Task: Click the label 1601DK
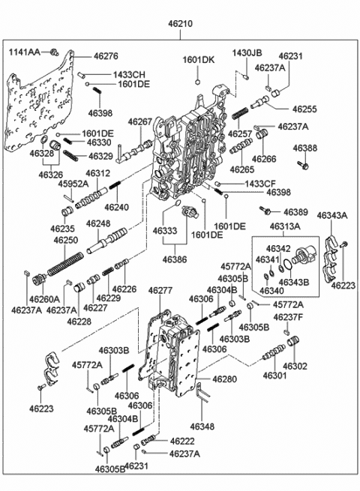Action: (198, 59)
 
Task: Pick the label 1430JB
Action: (247, 54)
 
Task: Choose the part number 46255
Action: (304, 108)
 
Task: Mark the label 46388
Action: (304, 148)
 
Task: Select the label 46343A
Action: (332, 216)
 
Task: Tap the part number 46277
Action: (160, 290)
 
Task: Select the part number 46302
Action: (295, 366)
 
